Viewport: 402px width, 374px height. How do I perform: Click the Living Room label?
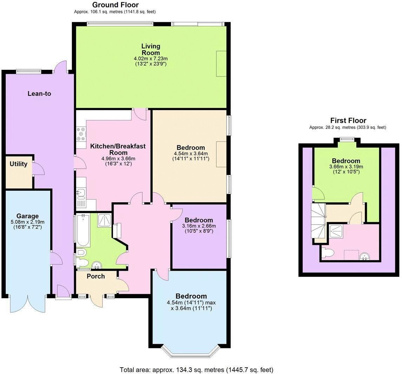[151, 49]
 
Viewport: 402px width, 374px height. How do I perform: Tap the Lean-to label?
[39, 93]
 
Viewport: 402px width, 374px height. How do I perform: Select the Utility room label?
[18, 164]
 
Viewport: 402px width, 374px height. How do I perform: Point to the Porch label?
[95, 276]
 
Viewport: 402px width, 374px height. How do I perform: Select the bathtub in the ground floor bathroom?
[83, 230]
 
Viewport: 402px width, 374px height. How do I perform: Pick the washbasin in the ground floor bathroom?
[96, 265]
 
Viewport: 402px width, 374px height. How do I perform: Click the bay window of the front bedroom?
[191, 353]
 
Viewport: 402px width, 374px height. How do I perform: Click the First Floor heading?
[348, 120]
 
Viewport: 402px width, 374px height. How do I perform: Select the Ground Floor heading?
[115, 5]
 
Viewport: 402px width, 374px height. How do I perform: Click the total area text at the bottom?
[196, 370]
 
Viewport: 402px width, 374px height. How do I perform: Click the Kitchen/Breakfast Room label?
[118, 149]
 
